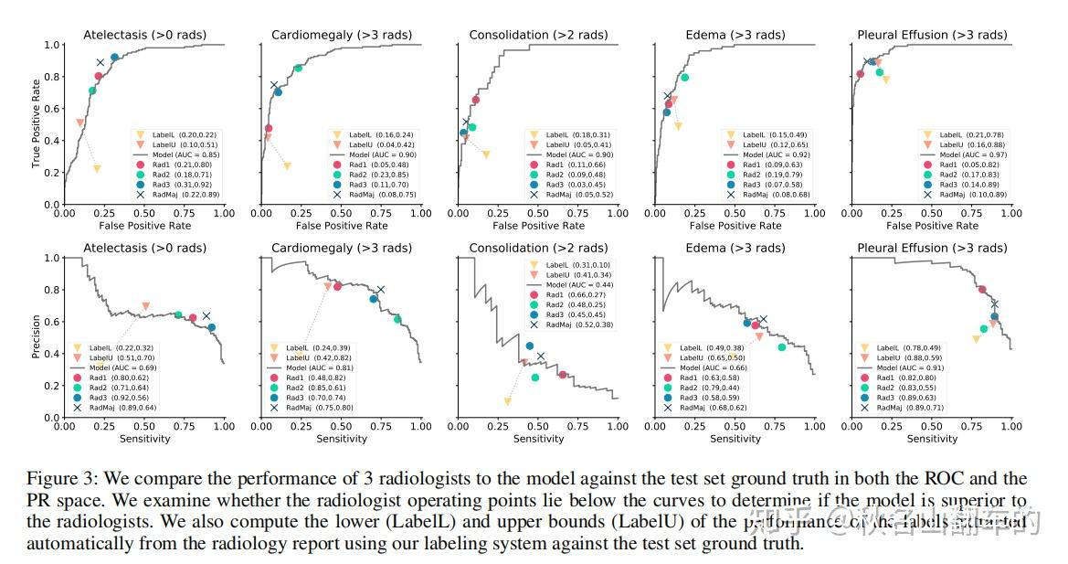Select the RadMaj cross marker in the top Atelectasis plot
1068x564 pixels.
100,62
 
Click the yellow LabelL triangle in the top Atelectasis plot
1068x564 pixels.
97,168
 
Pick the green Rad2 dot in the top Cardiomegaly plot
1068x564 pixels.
298,68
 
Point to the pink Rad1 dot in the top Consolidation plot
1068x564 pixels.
476,100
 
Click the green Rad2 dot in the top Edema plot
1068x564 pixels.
684,78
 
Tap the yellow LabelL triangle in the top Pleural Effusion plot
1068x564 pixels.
885,80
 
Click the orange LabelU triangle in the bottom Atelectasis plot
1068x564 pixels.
146,306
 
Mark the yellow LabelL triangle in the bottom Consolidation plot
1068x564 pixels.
508,401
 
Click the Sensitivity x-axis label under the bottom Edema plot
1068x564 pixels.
735,439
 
